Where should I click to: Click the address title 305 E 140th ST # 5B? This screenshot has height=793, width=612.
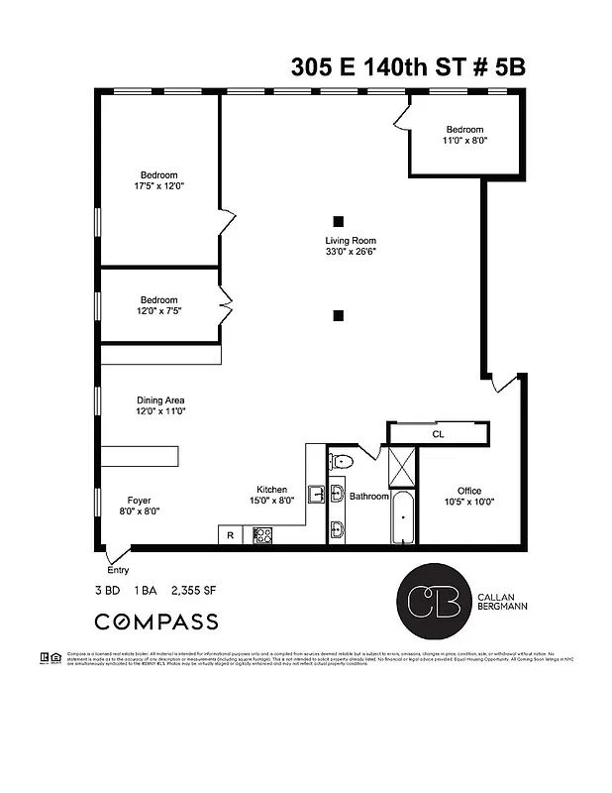click(x=407, y=66)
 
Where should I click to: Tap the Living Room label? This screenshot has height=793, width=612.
click(x=351, y=240)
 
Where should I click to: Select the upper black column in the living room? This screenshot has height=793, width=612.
click(x=339, y=221)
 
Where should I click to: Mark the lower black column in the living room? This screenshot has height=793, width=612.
click(x=339, y=316)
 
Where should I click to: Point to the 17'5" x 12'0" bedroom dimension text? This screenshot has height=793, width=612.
click(x=159, y=186)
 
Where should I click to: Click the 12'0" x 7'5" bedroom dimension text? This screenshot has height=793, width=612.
click(x=158, y=311)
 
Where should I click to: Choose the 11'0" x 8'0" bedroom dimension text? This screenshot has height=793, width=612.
click(x=464, y=141)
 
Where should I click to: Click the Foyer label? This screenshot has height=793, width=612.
click(x=139, y=501)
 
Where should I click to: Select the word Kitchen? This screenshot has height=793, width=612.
click(x=272, y=490)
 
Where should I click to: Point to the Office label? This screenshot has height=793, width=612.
click(x=468, y=491)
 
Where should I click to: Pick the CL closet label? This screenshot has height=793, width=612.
click(x=438, y=434)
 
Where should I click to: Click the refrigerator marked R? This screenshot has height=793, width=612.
click(x=230, y=535)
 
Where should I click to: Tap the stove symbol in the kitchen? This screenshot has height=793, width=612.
click(x=262, y=535)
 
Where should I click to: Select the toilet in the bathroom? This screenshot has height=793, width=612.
click(x=342, y=461)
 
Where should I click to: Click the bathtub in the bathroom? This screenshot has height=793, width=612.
click(x=404, y=517)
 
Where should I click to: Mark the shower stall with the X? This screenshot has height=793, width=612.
click(x=403, y=466)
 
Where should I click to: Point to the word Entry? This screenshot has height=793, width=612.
click(x=118, y=570)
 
